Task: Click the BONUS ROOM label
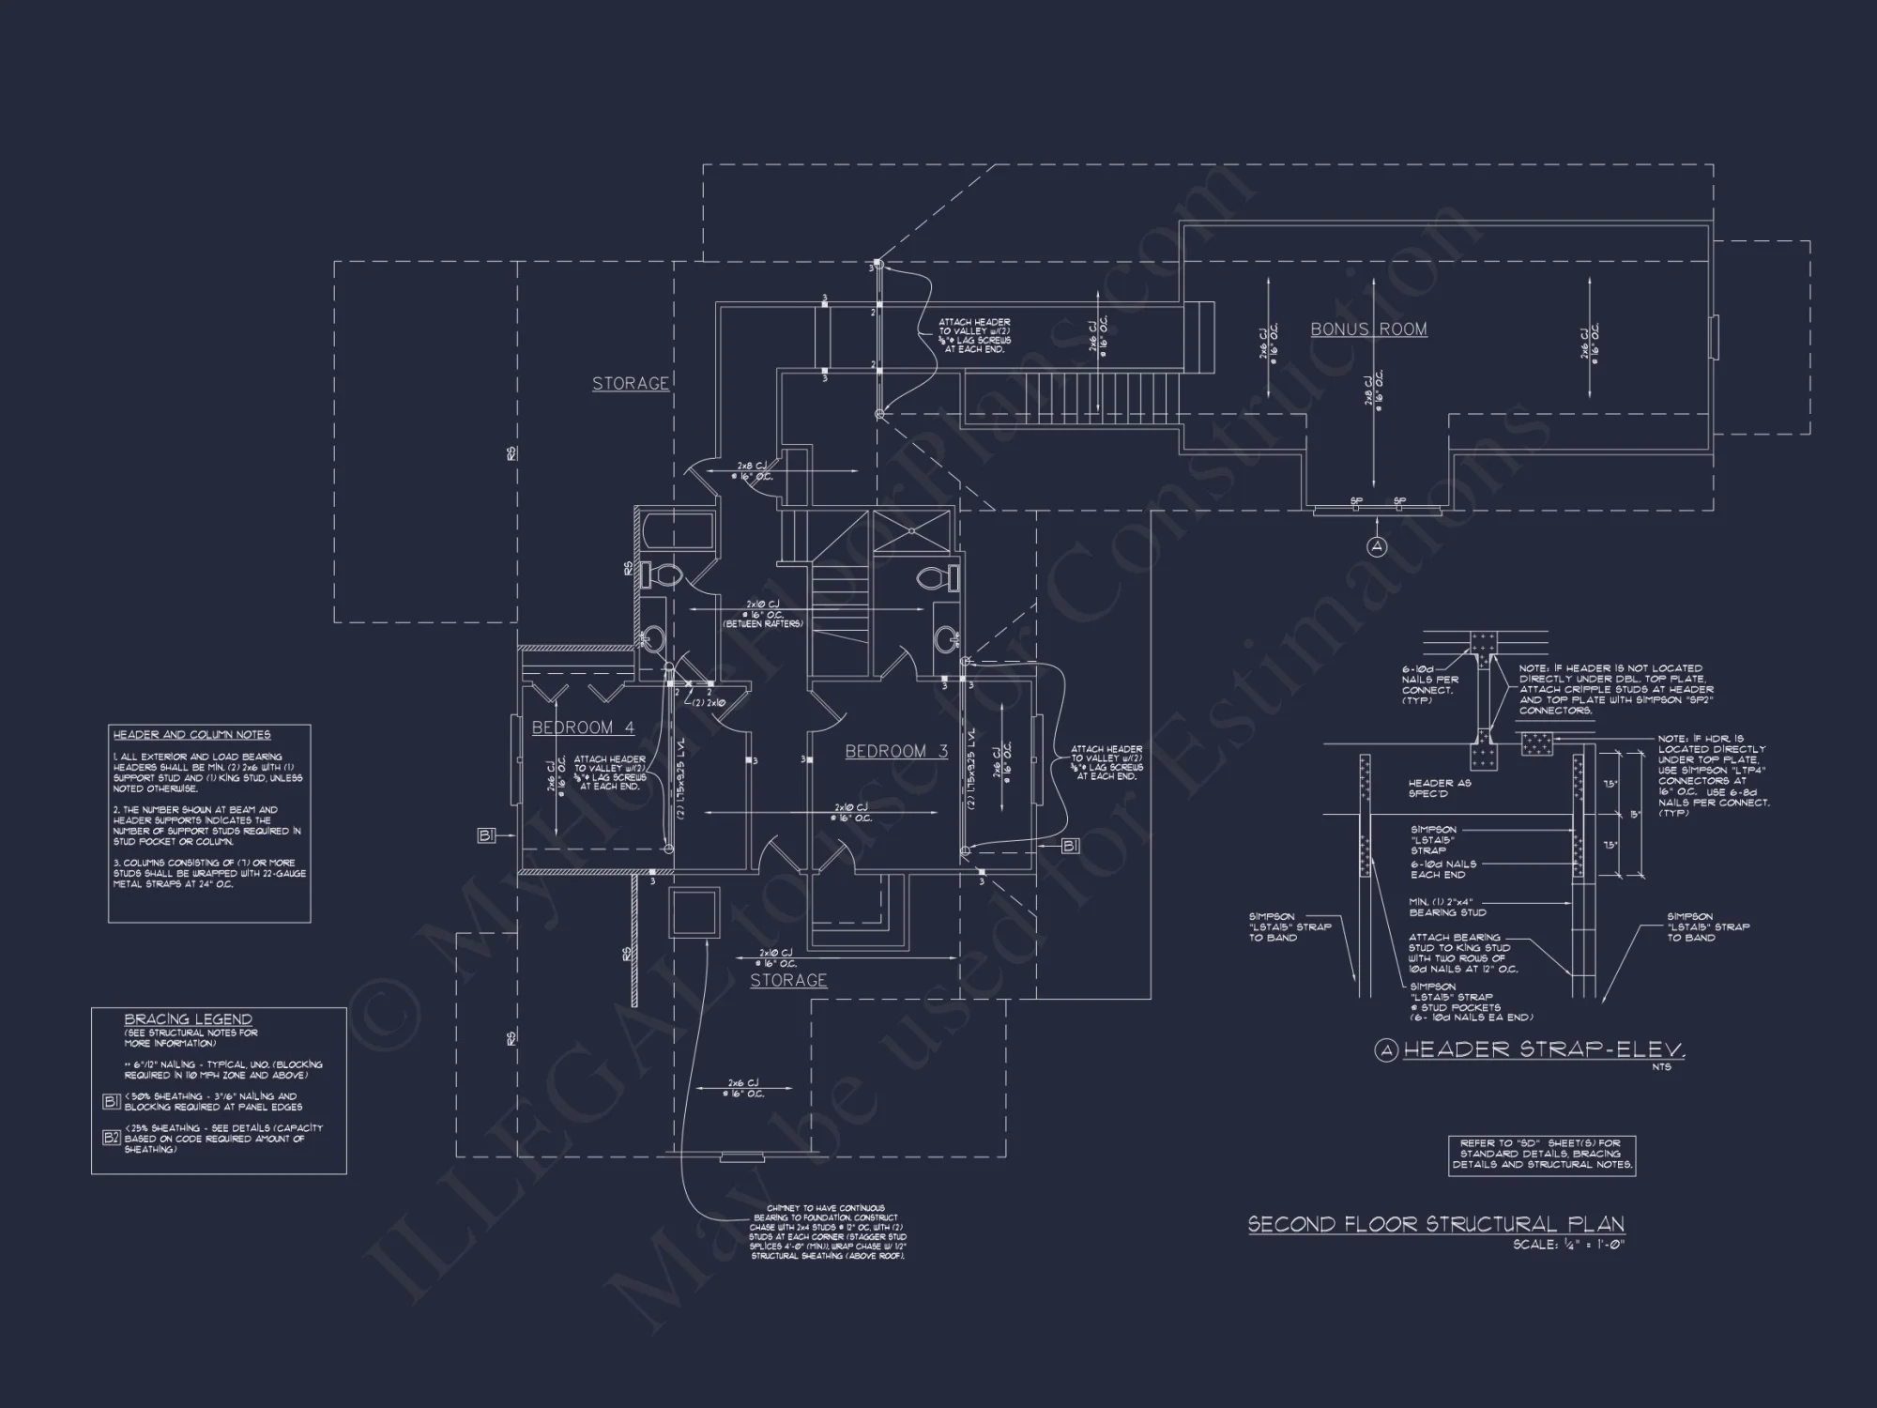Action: pyautogui.click(x=1368, y=329)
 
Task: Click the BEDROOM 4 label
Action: pyautogui.click(x=583, y=727)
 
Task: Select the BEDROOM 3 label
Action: pyautogui.click(x=896, y=751)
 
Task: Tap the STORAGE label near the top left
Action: pyautogui.click(x=631, y=383)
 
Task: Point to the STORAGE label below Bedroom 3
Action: pyautogui.click(x=788, y=980)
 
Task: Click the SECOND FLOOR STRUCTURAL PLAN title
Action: pyautogui.click(x=1436, y=1224)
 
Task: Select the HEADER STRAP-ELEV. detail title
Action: pyautogui.click(x=1544, y=1050)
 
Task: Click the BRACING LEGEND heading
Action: pyautogui.click(x=188, y=1019)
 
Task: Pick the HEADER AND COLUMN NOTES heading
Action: pyautogui.click(x=191, y=735)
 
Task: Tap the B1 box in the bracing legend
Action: pyautogui.click(x=111, y=1101)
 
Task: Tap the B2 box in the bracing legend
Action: pyautogui.click(x=111, y=1138)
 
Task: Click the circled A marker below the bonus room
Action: pyautogui.click(x=1376, y=546)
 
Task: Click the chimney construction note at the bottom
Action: pyautogui.click(x=827, y=1232)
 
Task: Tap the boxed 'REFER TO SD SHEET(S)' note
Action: pyautogui.click(x=1542, y=1155)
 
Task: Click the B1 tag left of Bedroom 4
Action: pyautogui.click(x=486, y=836)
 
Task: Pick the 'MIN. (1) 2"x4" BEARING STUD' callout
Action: pyautogui.click(x=1447, y=907)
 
